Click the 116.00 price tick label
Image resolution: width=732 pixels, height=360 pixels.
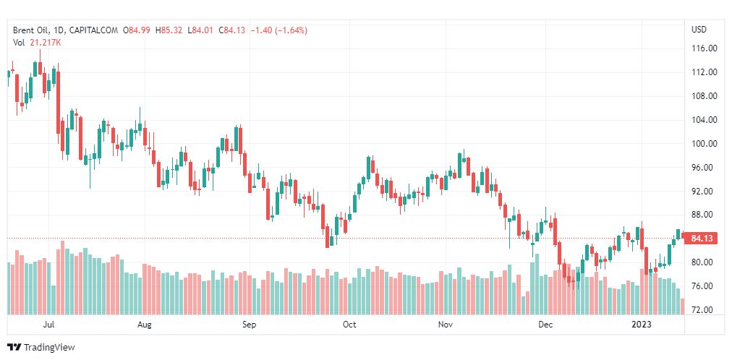click(x=705, y=48)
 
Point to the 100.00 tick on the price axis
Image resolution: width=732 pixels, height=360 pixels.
click(x=705, y=144)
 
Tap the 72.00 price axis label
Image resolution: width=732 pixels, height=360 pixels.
click(x=705, y=310)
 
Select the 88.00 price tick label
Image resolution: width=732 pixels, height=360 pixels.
click(x=705, y=215)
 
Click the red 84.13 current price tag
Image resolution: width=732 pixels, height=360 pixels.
click(x=702, y=239)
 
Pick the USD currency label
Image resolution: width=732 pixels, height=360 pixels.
click(x=699, y=30)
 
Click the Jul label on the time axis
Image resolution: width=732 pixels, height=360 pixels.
click(x=49, y=325)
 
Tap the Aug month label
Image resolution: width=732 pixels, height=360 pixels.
click(x=145, y=325)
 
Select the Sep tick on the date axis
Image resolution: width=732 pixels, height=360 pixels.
click(x=250, y=325)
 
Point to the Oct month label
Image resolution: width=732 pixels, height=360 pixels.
click(x=349, y=325)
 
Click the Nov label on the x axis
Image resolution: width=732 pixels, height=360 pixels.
click(x=446, y=325)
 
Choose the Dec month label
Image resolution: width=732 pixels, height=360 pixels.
click(x=545, y=325)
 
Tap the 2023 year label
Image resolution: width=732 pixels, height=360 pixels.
click(x=642, y=325)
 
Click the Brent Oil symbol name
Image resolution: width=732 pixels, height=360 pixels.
click(x=30, y=30)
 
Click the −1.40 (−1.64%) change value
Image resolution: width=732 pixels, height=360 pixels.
click(x=278, y=30)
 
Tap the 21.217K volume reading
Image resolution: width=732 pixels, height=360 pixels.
click(x=46, y=43)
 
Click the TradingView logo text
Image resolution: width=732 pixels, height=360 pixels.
click(x=49, y=348)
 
